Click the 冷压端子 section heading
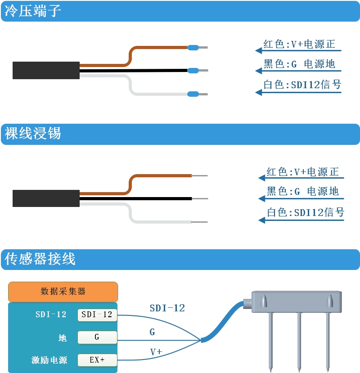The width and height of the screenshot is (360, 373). click(x=33, y=11)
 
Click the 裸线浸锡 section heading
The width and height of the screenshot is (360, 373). click(x=33, y=134)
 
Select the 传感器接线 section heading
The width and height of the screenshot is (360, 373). click(x=40, y=259)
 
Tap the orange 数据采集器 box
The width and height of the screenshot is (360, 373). click(x=63, y=292)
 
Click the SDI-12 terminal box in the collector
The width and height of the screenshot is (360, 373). click(x=97, y=315)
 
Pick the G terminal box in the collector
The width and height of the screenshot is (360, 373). click(x=97, y=337)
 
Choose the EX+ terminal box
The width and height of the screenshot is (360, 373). click(x=97, y=360)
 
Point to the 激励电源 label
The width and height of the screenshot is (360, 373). click(x=49, y=360)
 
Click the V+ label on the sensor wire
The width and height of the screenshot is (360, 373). click(x=156, y=352)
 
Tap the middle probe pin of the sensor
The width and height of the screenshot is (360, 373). click(x=298, y=342)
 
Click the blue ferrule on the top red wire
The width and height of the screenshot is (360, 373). click(x=193, y=47)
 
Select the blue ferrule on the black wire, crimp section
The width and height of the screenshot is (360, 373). click(x=193, y=70)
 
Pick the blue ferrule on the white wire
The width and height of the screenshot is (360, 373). click(x=193, y=94)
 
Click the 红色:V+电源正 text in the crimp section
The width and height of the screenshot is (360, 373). click(x=299, y=45)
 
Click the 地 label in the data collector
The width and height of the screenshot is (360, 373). click(x=62, y=337)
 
